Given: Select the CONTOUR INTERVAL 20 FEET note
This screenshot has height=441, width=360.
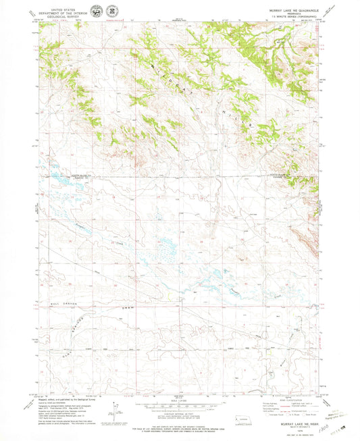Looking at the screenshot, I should coord(180,409).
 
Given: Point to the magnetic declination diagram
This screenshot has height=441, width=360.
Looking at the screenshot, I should coord(117,408).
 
